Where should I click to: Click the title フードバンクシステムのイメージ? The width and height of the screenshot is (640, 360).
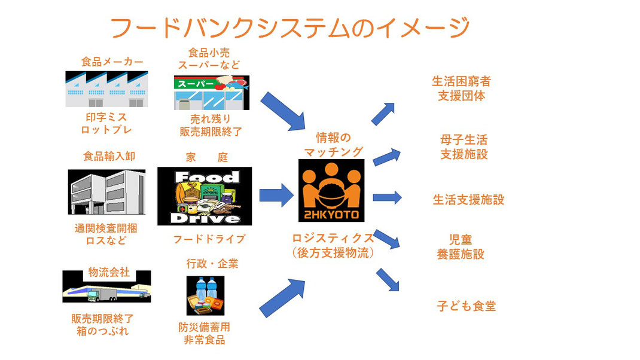290,28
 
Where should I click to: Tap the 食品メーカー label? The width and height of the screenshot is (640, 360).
112,62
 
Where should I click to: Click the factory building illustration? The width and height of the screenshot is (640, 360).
106,89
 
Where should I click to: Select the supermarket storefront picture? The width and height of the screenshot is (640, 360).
211,93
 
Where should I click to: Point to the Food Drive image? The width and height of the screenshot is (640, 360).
205,196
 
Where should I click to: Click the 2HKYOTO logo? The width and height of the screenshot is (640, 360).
331,190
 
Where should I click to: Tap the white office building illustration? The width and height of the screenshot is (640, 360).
106,192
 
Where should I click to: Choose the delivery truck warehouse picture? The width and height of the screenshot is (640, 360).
106,286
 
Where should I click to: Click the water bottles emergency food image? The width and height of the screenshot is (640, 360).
205,295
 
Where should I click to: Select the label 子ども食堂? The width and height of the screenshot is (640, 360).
466,306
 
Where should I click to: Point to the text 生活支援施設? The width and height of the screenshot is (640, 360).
468,200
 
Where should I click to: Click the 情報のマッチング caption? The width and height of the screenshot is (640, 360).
334,145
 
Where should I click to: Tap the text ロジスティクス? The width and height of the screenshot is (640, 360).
333,238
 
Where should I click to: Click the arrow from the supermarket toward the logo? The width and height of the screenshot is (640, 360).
284,111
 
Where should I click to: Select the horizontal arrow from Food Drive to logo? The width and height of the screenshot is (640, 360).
276,195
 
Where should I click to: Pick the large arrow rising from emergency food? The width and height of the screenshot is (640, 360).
282,298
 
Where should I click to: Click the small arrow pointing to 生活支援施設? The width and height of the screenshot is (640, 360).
388,197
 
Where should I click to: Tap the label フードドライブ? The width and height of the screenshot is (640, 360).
209,239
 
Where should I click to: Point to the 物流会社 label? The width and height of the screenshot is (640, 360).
109,272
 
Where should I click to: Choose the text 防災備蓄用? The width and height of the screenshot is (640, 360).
204,327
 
